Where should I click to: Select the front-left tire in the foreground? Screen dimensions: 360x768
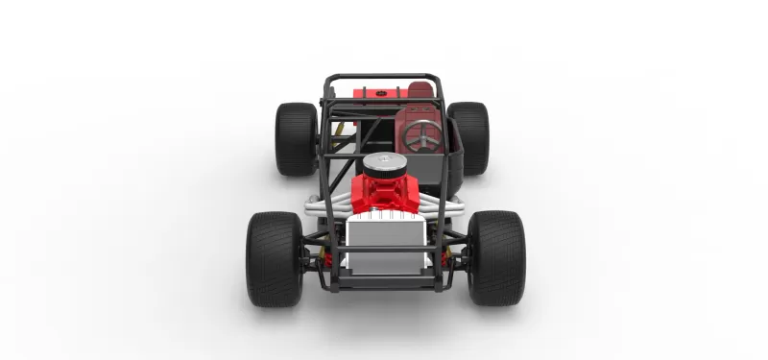pyautogui.click(x=275, y=258)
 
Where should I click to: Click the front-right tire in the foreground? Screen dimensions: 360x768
pyautogui.click(x=495, y=257)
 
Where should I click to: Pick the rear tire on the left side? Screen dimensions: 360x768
pyautogui.click(x=296, y=138)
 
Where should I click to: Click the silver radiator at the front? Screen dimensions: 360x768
pyautogui.click(x=386, y=239)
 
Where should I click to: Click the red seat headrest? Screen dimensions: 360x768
pyautogui.click(x=420, y=90)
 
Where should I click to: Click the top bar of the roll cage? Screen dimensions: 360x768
pyautogui.click(x=381, y=77)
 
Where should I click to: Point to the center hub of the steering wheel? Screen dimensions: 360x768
pyautogui.click(x=422, y=136)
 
